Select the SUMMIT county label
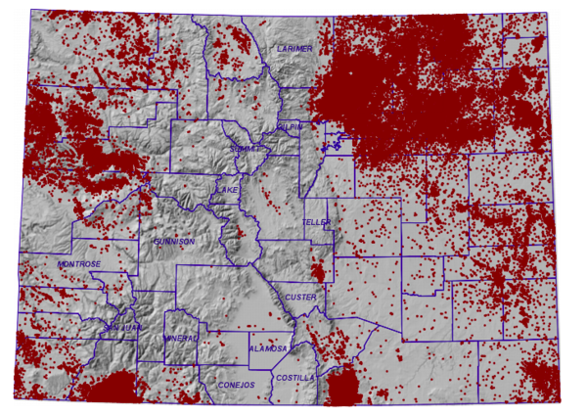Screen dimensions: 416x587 click(247, 148)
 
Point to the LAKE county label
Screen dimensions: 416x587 click(229, 189)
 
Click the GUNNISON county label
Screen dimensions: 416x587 click(175, 241)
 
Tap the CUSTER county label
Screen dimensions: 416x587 click(297, 297)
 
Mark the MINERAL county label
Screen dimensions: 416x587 click(182, 338)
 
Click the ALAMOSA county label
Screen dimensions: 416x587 click(267, 348)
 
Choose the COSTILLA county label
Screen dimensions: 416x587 click(295, 377)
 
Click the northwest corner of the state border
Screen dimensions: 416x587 click(31, 10)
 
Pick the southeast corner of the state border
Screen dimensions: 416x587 click(563, 402)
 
